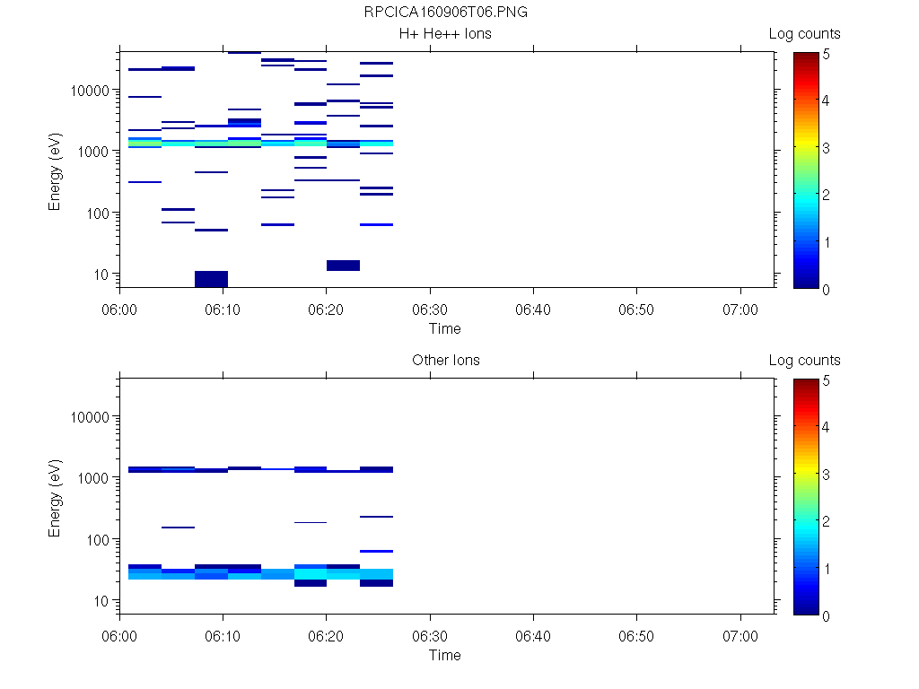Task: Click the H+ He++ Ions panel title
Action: tap(445, 34)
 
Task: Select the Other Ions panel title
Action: tap(445, 361)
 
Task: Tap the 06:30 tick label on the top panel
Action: tap(430, 310)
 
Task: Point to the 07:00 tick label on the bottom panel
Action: tap(740, 636)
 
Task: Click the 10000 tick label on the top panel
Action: tap(90, 91)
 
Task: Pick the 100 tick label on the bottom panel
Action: tap(98, 539)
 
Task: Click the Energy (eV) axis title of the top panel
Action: tap(56, 170)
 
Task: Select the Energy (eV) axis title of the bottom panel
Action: tap(56, 497)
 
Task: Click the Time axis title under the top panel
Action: tap(445, 328)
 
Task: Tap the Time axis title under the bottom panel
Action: tap(445, 655)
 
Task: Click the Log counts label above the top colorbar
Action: tap(804, 34)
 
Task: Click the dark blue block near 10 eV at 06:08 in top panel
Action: tap(211, 279)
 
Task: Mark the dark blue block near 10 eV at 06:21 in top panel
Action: tap(343, 266)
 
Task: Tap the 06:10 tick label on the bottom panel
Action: tap(223, 636)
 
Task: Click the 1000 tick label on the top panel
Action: tap(93, 152)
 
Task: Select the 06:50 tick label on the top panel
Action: tap(636, 310)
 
